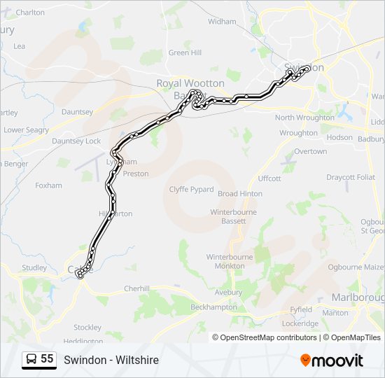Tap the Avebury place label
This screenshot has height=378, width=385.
click(227, 292)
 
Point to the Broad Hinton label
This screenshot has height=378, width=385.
click(240, 194)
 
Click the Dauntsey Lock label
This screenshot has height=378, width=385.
click(76, 141)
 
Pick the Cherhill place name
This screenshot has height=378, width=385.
click(136, 288)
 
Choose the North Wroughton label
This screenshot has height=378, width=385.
click(304, 118)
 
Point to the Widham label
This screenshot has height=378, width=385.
click(222, 22)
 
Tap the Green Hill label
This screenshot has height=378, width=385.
click(185, 52)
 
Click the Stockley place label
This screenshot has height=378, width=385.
click(87, 327)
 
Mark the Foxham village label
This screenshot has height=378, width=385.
click(48, 185)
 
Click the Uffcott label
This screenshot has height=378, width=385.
click(269, 178)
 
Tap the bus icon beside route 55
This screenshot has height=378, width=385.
click(31, 360)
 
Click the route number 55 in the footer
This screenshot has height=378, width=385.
click(47, 359)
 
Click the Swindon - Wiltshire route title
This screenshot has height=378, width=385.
click(111, 360)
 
